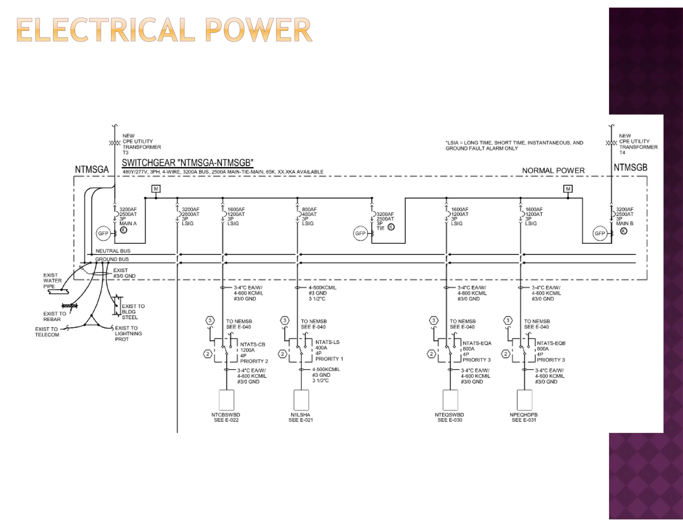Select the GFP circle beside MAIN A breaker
coord(103,233)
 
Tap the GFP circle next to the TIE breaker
coord(360,233)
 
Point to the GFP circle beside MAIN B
coord(600,233)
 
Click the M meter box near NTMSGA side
coord(156,189)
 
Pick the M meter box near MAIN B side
coord(568,189)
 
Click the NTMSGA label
coord(92,170)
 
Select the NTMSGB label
coord(630,168)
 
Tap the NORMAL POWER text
coord(553,171)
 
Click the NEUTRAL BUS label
coord(113,251)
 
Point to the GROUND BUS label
coord(112,259)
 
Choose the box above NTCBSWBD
coord(226,400)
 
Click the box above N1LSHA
coord(301,400)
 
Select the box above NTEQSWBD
coord(450,400)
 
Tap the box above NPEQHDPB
coord(524,400)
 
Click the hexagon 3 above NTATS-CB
coord(210,320)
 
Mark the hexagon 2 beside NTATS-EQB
coord(506,354)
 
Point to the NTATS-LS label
coord(327,342)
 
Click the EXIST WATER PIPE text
coord(52,280)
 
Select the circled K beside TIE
coord(391,227)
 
